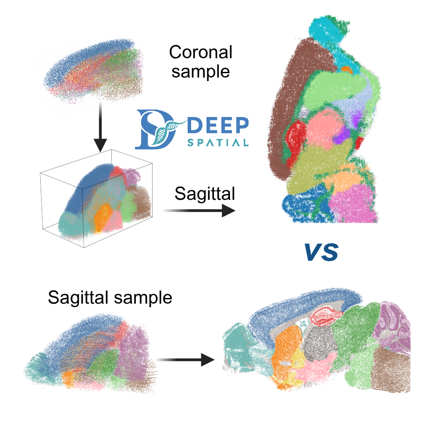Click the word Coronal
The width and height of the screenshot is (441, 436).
(200, 52)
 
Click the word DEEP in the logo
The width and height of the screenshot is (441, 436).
(218, 125)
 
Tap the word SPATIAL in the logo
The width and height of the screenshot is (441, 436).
(218, 142)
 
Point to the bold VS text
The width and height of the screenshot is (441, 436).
(321, 252)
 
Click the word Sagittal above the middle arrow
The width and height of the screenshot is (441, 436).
(204, 194)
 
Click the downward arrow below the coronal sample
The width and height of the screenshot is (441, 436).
(100, 127)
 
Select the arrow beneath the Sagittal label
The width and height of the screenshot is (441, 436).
(199, 210)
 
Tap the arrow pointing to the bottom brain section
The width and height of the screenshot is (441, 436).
(185, 360)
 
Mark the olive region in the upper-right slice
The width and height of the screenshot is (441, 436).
(315, 166)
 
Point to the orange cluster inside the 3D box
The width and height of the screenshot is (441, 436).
(103, 218)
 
